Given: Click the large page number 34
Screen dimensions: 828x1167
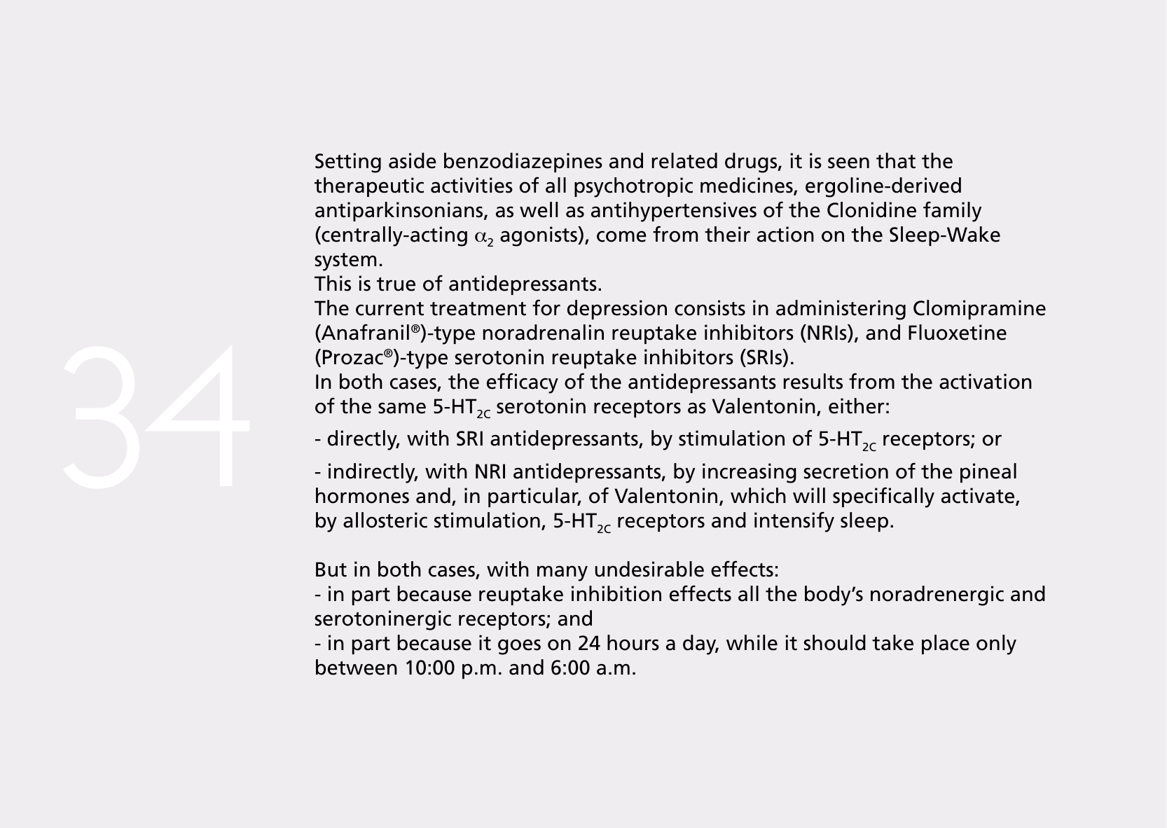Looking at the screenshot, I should tap(156, 416).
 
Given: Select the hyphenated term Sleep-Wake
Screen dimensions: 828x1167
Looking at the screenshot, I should tap(944, 235).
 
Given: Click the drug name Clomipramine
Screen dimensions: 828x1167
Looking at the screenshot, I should tap(979, 309).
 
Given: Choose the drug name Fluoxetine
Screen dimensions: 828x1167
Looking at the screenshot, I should tap(957, 333).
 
